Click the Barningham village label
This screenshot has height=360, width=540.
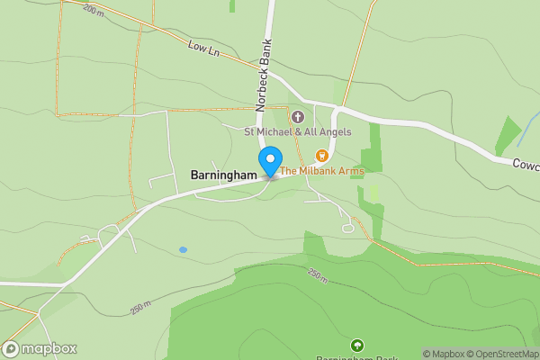[x=224, y=175]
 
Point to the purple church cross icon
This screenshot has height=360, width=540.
[x=298, y=116]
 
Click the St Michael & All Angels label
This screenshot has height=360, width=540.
[x=298, y=131]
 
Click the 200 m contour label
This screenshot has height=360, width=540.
[x=94, y=10]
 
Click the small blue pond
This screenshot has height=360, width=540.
[x=183, y=249]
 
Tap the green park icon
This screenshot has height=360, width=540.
[x=357, y=345]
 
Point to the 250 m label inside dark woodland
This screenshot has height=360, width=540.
[x=317, y=274]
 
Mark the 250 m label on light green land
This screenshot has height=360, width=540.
[x=140, y=308]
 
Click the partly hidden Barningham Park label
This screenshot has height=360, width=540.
[x=357, y=357]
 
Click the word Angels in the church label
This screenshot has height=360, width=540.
[x=332, y=131]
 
